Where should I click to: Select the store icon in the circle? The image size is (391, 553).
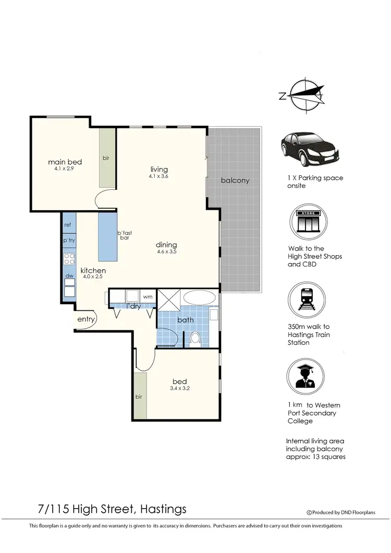(308, 221)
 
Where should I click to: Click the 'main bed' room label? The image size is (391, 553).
(65, 162)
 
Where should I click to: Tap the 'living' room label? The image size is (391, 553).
(159, 170)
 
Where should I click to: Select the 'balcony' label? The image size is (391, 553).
(235, 181)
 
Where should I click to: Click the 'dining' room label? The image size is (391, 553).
(167, 245)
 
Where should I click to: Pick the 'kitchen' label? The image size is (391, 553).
(93, 271)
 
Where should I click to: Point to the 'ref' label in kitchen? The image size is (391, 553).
(68, 225)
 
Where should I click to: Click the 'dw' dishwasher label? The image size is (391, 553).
(68, 276)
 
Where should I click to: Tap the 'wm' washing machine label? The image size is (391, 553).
(148, 297)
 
